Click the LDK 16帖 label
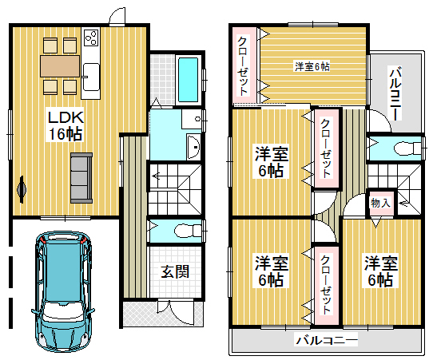66,126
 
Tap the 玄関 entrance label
175,271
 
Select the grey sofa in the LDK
81,178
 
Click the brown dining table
60,66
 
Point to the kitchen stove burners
91,38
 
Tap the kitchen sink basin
91,77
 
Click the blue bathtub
189,80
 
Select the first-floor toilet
189,231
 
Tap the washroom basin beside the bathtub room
193,147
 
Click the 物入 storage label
380,203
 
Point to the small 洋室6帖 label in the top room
312,66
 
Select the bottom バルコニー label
327,339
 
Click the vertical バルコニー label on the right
395,93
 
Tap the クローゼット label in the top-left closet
243,65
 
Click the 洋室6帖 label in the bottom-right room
380,271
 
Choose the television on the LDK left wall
22,189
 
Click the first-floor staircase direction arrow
156,176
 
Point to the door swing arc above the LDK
116,14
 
